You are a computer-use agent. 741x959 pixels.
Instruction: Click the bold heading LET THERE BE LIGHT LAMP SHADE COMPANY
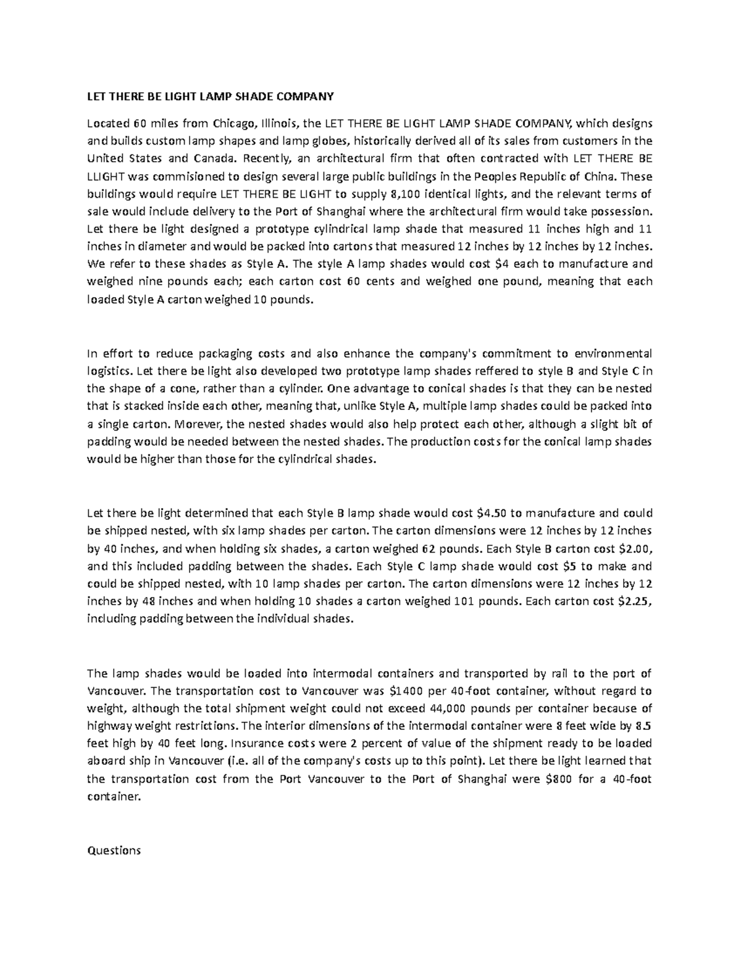tap(210, 96)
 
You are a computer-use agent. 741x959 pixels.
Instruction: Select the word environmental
tap(613, 354)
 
